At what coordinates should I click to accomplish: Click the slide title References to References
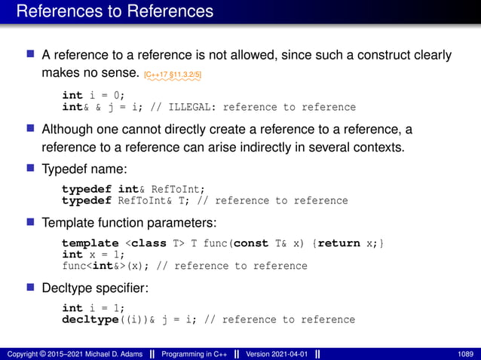(115, 11)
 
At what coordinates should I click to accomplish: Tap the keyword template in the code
(90, 243)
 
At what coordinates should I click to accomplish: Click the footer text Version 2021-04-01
(275, 353)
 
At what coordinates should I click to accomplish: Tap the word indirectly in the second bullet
(252, 145)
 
